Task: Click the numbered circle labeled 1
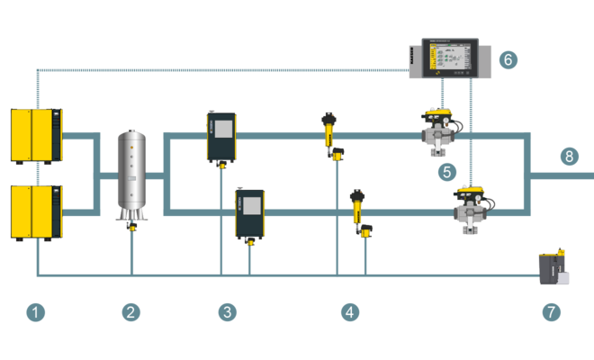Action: coord(35,312)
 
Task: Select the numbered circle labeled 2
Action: coord(131,312)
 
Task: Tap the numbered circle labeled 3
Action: coord(228,312)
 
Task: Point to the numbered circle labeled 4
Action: coord(350,312)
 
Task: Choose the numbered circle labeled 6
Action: coord(508,60)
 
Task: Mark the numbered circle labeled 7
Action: coord(551,312)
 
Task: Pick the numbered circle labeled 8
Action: coord(569,157)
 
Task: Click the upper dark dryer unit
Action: coord(220,138)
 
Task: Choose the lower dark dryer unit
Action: coord(249,214)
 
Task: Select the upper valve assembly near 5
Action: coord(441,131)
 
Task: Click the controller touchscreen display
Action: coord(445,58)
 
